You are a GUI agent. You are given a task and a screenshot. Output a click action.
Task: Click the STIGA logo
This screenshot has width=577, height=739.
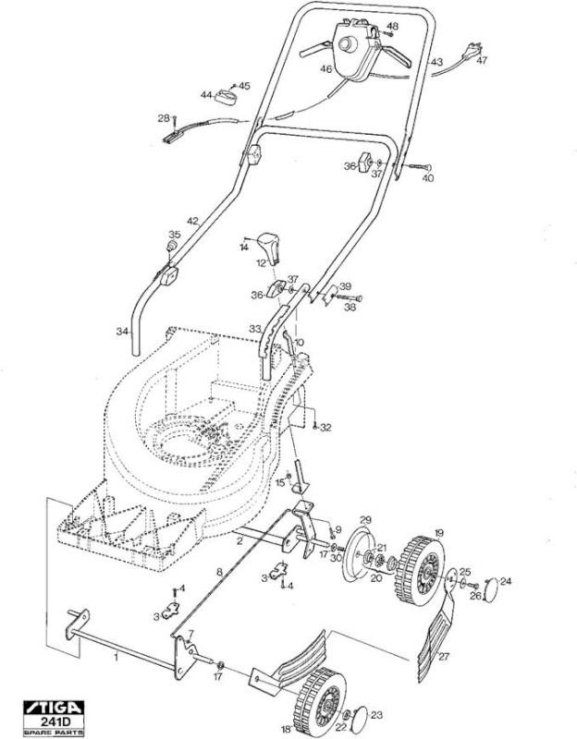[x=54, y=708]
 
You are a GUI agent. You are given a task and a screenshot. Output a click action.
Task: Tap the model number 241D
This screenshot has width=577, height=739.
[x=54, y=721]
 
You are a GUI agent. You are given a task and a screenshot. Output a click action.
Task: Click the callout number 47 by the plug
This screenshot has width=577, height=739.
[x=482, y=60]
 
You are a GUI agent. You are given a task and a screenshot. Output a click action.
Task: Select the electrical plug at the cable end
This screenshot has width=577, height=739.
[x=473, y=50]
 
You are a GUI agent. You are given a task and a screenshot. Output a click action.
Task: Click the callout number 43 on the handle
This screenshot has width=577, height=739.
[x=436, y=62]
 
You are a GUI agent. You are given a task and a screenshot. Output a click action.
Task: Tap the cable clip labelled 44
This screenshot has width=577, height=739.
[x=227, y=97]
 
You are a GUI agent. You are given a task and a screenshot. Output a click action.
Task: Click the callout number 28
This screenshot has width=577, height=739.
[x=164, y=118]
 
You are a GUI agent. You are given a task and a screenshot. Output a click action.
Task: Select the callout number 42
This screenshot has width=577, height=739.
[x=193, y=221]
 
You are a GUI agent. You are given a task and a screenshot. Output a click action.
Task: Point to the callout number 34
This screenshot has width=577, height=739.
[x=122, y=332]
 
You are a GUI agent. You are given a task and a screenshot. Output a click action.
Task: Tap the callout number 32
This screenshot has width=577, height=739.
[x=326, y=428]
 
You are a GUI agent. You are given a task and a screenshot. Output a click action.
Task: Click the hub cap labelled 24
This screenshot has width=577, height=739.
[x=491, y=589]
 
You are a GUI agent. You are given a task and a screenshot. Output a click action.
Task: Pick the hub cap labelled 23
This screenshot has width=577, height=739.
[x=362, y=719]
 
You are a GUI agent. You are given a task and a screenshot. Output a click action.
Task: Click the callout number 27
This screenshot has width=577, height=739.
[x=444, y=656]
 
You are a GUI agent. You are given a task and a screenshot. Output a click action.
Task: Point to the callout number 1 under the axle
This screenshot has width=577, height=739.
[x=117, y=657]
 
